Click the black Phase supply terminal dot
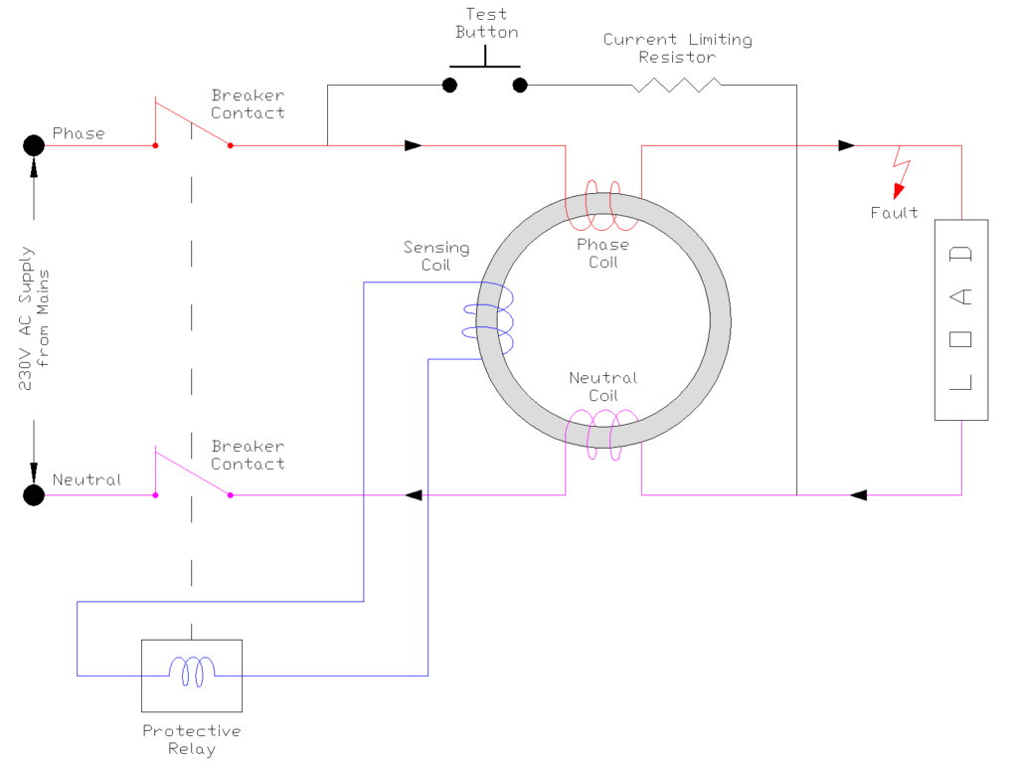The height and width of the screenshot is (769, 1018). pos(34,145)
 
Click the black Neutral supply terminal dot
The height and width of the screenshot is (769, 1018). pos(34,494)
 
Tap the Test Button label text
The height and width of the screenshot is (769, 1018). pos(486,23)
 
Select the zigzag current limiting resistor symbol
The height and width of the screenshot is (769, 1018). pos(676,86)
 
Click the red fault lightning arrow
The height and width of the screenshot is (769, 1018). pos(902,174)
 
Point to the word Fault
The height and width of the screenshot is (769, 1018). pos(894,212)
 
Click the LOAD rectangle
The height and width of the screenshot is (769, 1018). pos(961,319)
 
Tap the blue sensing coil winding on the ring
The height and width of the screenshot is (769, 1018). pos(491,316)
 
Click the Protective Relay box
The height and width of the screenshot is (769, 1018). pos(192,674)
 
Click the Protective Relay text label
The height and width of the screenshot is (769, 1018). pos(191,739)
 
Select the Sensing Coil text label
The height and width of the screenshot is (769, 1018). pos(435,256)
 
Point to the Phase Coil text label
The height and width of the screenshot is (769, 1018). pos(602,253)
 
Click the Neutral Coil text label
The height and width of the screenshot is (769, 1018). pos(602,386)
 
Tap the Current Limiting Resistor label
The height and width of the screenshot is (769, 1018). pos(678,48)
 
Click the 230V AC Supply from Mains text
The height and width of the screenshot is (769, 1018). pos(34,320)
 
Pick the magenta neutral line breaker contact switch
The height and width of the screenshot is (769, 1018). pos(192,475)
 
